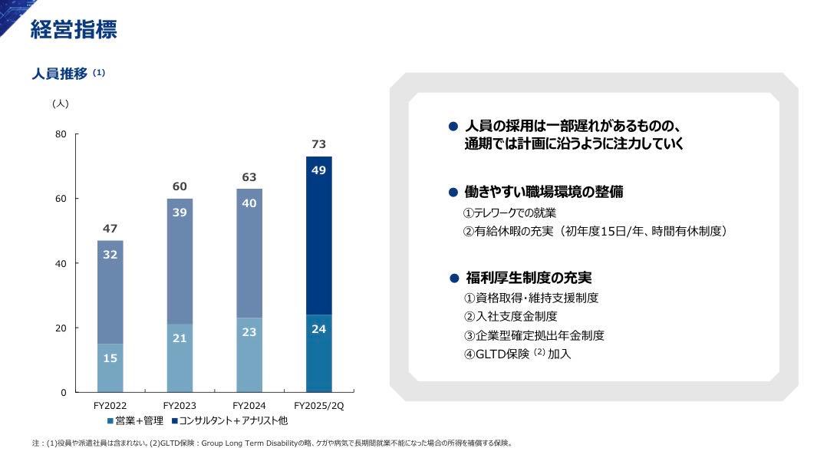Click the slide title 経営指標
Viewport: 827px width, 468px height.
pos(74,30)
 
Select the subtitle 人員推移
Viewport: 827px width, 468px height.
pos(59,74)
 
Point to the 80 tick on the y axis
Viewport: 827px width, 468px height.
pos(61,134)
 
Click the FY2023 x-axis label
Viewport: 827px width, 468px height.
pos(180,405)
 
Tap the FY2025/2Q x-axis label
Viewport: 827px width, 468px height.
pos(319,405)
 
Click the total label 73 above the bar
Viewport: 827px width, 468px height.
pos(319,144)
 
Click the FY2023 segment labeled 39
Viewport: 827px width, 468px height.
pos(180,261)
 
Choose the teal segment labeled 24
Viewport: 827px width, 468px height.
pos(319,354)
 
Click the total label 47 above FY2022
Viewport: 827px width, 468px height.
pos(110,229)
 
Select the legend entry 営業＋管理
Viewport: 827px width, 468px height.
pos(136,420)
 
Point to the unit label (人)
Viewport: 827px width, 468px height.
pos(60,103)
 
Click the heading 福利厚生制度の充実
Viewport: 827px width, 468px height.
pos(529,278)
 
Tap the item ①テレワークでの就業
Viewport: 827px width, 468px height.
pos(509,213)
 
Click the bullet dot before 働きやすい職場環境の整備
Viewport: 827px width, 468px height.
pos(453,192)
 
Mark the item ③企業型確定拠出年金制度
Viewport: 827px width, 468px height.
pos(534,335)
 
